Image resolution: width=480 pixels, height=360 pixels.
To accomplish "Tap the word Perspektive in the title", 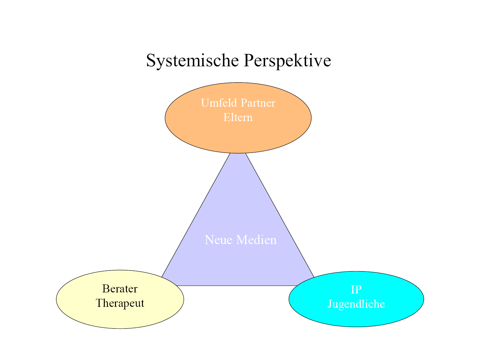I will (x=287, y=61).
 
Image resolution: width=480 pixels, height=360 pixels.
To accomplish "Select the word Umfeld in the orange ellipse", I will (x=219, y=103).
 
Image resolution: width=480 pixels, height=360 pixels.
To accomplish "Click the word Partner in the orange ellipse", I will (x=258, y=103).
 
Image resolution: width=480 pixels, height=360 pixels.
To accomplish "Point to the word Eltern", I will (x=238, y=117).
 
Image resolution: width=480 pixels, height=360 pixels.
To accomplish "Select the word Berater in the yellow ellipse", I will (x=120, y=289).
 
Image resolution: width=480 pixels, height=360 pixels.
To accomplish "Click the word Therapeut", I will (x=120, y=303).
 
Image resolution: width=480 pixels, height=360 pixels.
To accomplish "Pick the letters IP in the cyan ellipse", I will (x=356, y=290).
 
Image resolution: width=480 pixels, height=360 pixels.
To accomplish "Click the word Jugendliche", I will (x=356, y=304).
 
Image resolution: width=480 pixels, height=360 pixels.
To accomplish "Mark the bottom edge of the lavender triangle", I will (x=237, y=285).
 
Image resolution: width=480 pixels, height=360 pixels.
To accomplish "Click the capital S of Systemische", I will (x=151, y=61).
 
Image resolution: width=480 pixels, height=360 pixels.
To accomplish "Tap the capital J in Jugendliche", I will (x=330, y=304).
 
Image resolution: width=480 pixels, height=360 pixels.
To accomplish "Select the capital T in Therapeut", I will (x=99, y=303).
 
